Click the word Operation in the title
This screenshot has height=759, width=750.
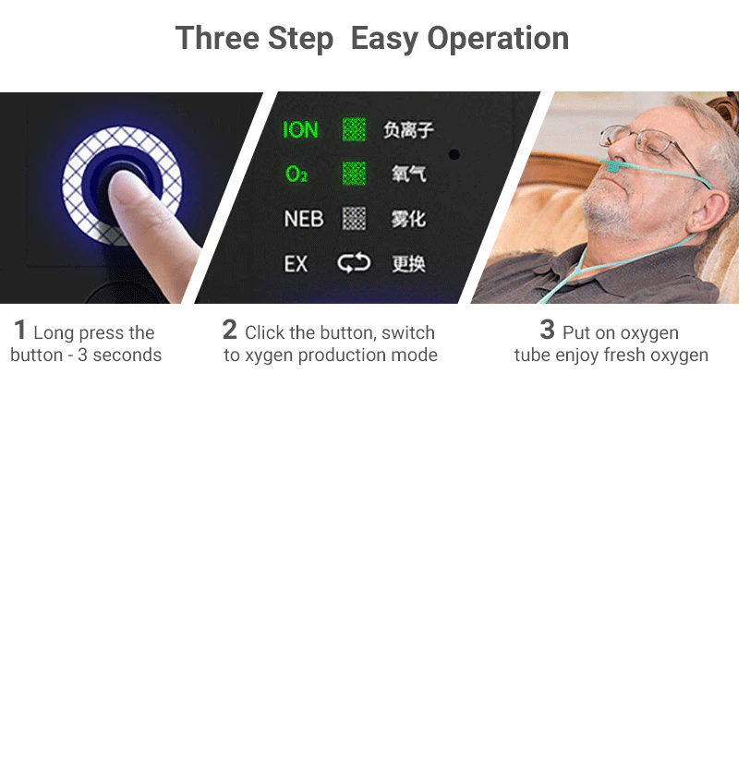[x=498, y=38]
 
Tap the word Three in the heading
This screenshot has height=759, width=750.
[x=217, y=38]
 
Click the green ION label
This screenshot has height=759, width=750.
[x=300, y=129]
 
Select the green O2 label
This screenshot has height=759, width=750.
[x=296, y=174]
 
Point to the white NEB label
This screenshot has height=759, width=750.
[x=304, y=219]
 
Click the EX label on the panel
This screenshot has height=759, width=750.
[x=296, y=264]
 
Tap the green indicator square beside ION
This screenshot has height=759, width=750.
[x=354, y=129]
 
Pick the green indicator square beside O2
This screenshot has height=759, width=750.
[x=354, y=174]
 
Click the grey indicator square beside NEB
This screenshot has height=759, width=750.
[x=355, y=219]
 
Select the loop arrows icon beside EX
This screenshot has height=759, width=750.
[x=354, y=263]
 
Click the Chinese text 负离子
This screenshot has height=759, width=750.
[x=408, y=129]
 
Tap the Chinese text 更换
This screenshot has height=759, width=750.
[x=408, y=264]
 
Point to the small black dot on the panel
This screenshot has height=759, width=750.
[x=454, y=154]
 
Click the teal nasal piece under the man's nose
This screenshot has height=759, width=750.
[x=613, y=166]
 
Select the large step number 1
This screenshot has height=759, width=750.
[x=19, y=331]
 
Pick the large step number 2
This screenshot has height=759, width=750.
[x=229, y=331]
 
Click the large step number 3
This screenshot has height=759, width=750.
[x=547, y=331]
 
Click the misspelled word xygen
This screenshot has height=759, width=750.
[x=269, y=355]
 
